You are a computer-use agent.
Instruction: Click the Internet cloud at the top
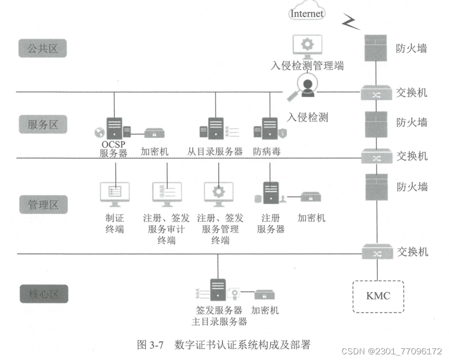pyautogui.click(x=307, y=13)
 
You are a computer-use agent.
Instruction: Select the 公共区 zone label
pyautogui.click(x=42, y=49)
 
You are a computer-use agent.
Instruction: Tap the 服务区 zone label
pyautogui.click(x=42, y=124)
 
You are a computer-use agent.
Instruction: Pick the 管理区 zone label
pyautogui.click(x=42, y=205)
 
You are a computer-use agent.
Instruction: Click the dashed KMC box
pyautogui.click(x=378, y=296)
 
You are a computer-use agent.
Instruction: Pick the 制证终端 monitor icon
pyautogui.click(x=114, y=193)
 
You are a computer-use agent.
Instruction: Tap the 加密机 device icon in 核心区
pyautogui.click(x=265, y=295)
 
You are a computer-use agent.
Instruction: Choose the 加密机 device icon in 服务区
pyautogui.click(x=154, y=133)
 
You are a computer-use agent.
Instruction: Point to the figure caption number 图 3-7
pyautogui.click(x=150, y=345)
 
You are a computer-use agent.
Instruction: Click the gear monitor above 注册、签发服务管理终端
pyautogui.click(x=218, y=193)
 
